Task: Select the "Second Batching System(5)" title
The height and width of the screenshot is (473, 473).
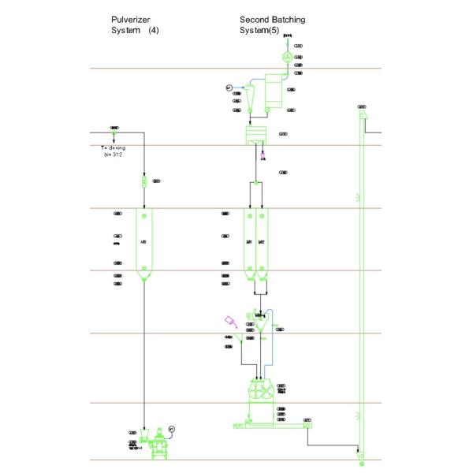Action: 272,24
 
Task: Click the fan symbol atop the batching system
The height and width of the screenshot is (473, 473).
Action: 288,58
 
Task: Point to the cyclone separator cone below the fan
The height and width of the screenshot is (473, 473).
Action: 250,98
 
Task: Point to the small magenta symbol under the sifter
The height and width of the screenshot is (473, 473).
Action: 263,156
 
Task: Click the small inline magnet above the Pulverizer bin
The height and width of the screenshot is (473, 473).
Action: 143,181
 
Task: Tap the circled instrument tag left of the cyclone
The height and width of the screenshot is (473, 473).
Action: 229,87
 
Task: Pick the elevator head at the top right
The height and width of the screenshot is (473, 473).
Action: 363,117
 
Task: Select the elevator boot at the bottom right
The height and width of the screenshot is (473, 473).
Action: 360,456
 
